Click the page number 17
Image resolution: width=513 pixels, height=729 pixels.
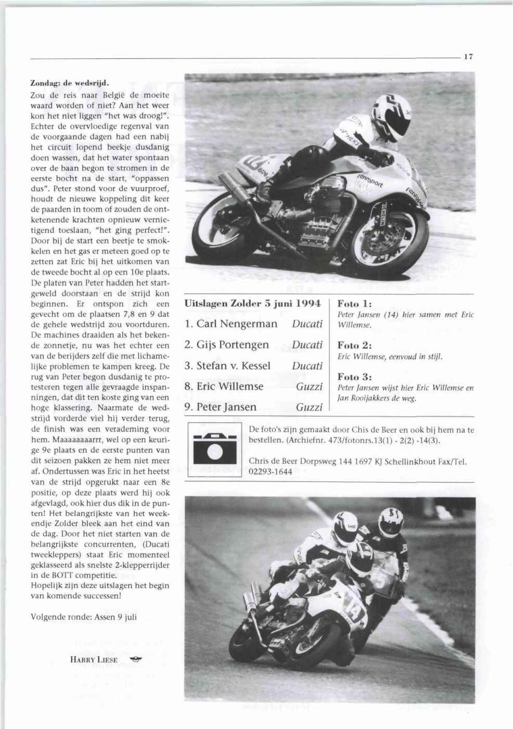[468, 58]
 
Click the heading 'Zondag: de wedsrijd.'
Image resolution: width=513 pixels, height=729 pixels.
[69, 83]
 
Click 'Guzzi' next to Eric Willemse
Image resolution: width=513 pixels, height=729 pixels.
[309, 386]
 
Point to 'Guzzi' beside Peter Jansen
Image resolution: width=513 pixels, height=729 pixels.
[309, 407]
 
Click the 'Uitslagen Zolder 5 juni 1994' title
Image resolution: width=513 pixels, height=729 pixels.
[253, 303]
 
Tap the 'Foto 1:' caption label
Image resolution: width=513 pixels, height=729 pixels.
[354, 304]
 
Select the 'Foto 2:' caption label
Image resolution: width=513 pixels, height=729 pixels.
[354, 345]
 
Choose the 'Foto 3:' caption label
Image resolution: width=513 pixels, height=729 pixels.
[354, 376]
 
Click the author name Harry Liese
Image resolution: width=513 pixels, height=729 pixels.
[94, 660]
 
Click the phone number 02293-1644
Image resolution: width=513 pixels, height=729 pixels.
[271, 472]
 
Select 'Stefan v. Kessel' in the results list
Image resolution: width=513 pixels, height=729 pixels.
[228, 366]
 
